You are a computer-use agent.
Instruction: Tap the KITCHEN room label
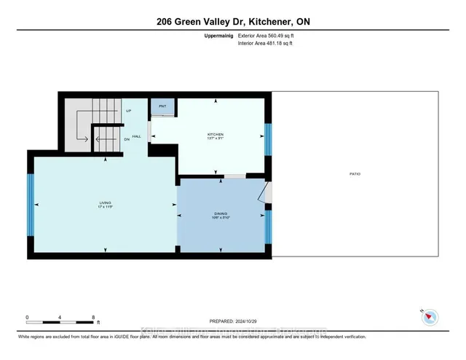pos(215,135)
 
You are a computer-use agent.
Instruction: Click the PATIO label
pos(355,173)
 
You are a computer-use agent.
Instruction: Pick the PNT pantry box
pos(162,106)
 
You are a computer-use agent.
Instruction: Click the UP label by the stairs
pos(128,111)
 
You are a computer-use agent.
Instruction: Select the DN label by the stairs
pos(127,139)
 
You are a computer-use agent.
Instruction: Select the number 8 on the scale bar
pos(93,317)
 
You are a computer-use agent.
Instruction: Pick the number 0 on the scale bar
pos(27,317)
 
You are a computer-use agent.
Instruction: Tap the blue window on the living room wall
pos(30,206)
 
